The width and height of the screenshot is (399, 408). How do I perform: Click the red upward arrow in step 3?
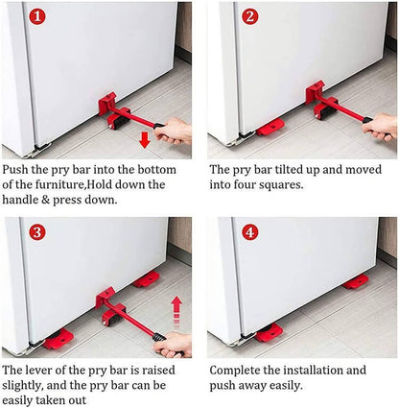[176, 308]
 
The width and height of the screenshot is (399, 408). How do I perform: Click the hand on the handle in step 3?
[176, 343]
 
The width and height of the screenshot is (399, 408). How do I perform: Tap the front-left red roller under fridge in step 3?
[58, 339]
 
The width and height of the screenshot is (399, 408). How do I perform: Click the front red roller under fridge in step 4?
[269, 332]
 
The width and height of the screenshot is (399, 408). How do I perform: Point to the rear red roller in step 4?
[356, 281]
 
